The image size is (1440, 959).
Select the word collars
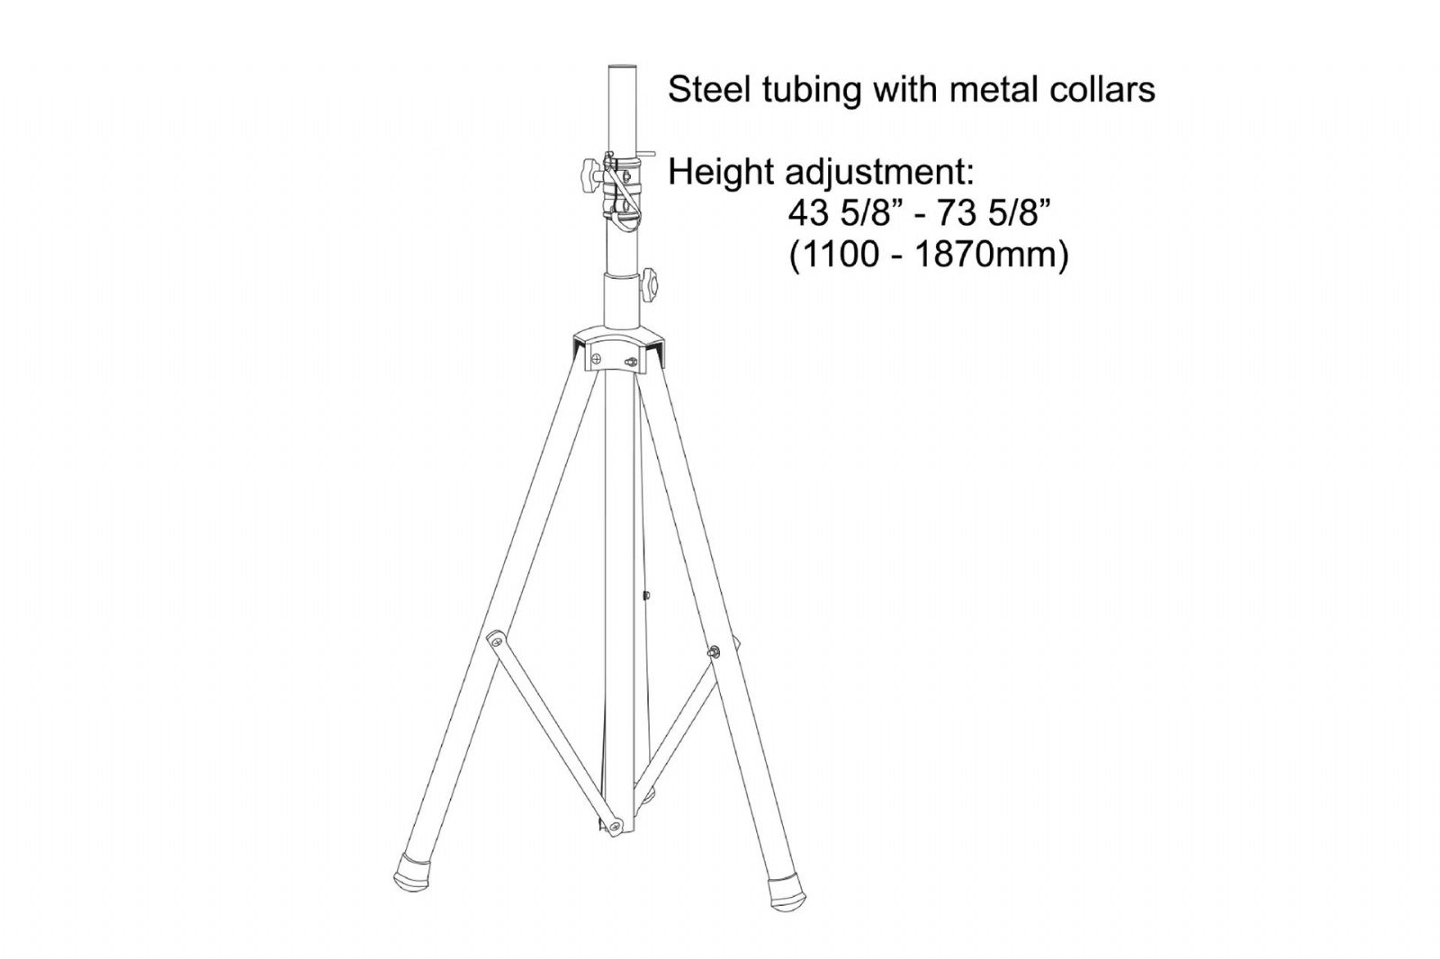tap(1103, 90)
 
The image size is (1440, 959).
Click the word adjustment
tap(879, 174)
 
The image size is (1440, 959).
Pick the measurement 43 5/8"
tap(842, 214)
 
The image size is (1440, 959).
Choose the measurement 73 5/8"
tap(987, 214)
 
